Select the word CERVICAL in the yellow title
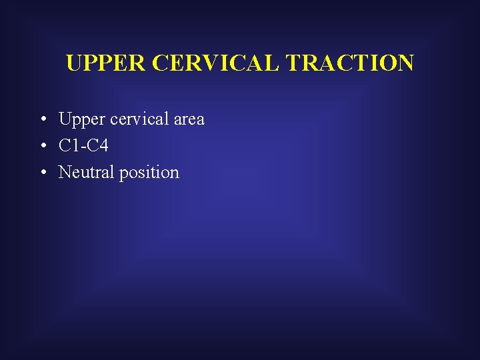click(217, 63)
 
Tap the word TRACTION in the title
click(350, 63)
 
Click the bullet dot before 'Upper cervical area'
click(42, 120)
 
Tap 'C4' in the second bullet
click(97, 146)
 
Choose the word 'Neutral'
click(86, 173)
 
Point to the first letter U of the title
click(74, 63)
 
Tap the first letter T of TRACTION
click(293, 63)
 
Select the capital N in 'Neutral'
click(65, 173)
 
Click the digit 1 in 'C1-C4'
click(75, 146)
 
